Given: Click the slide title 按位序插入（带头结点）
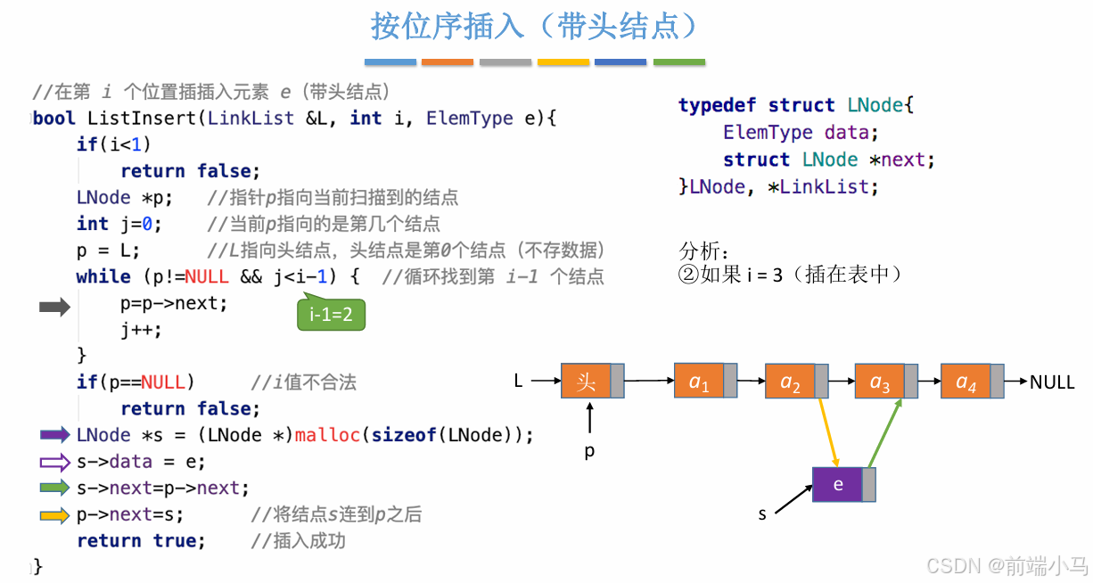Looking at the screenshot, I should click(534, 27).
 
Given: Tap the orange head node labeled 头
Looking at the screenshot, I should click(586, 382).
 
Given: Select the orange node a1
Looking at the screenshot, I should click(699, 382).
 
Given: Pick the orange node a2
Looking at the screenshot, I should click(790, 382).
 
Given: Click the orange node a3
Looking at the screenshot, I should click(879, 382).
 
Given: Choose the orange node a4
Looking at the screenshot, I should click(966, 382).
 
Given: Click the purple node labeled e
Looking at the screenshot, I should click(838, 484).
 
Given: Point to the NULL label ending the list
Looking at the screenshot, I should click(1052, 382).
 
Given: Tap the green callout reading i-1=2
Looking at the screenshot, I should click(331, 314).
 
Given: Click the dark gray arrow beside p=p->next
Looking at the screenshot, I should click(54, 308).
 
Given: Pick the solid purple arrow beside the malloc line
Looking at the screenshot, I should click(54, 435).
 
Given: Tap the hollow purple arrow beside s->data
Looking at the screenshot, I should click(54, 462).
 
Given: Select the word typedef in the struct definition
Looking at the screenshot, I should click(718, 105).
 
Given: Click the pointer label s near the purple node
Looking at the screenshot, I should click(762, 514).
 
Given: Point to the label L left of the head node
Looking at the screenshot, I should click(518, 382).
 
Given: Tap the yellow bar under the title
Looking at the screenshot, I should click(563, 62).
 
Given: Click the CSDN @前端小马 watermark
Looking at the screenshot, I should click(1007, 565).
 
